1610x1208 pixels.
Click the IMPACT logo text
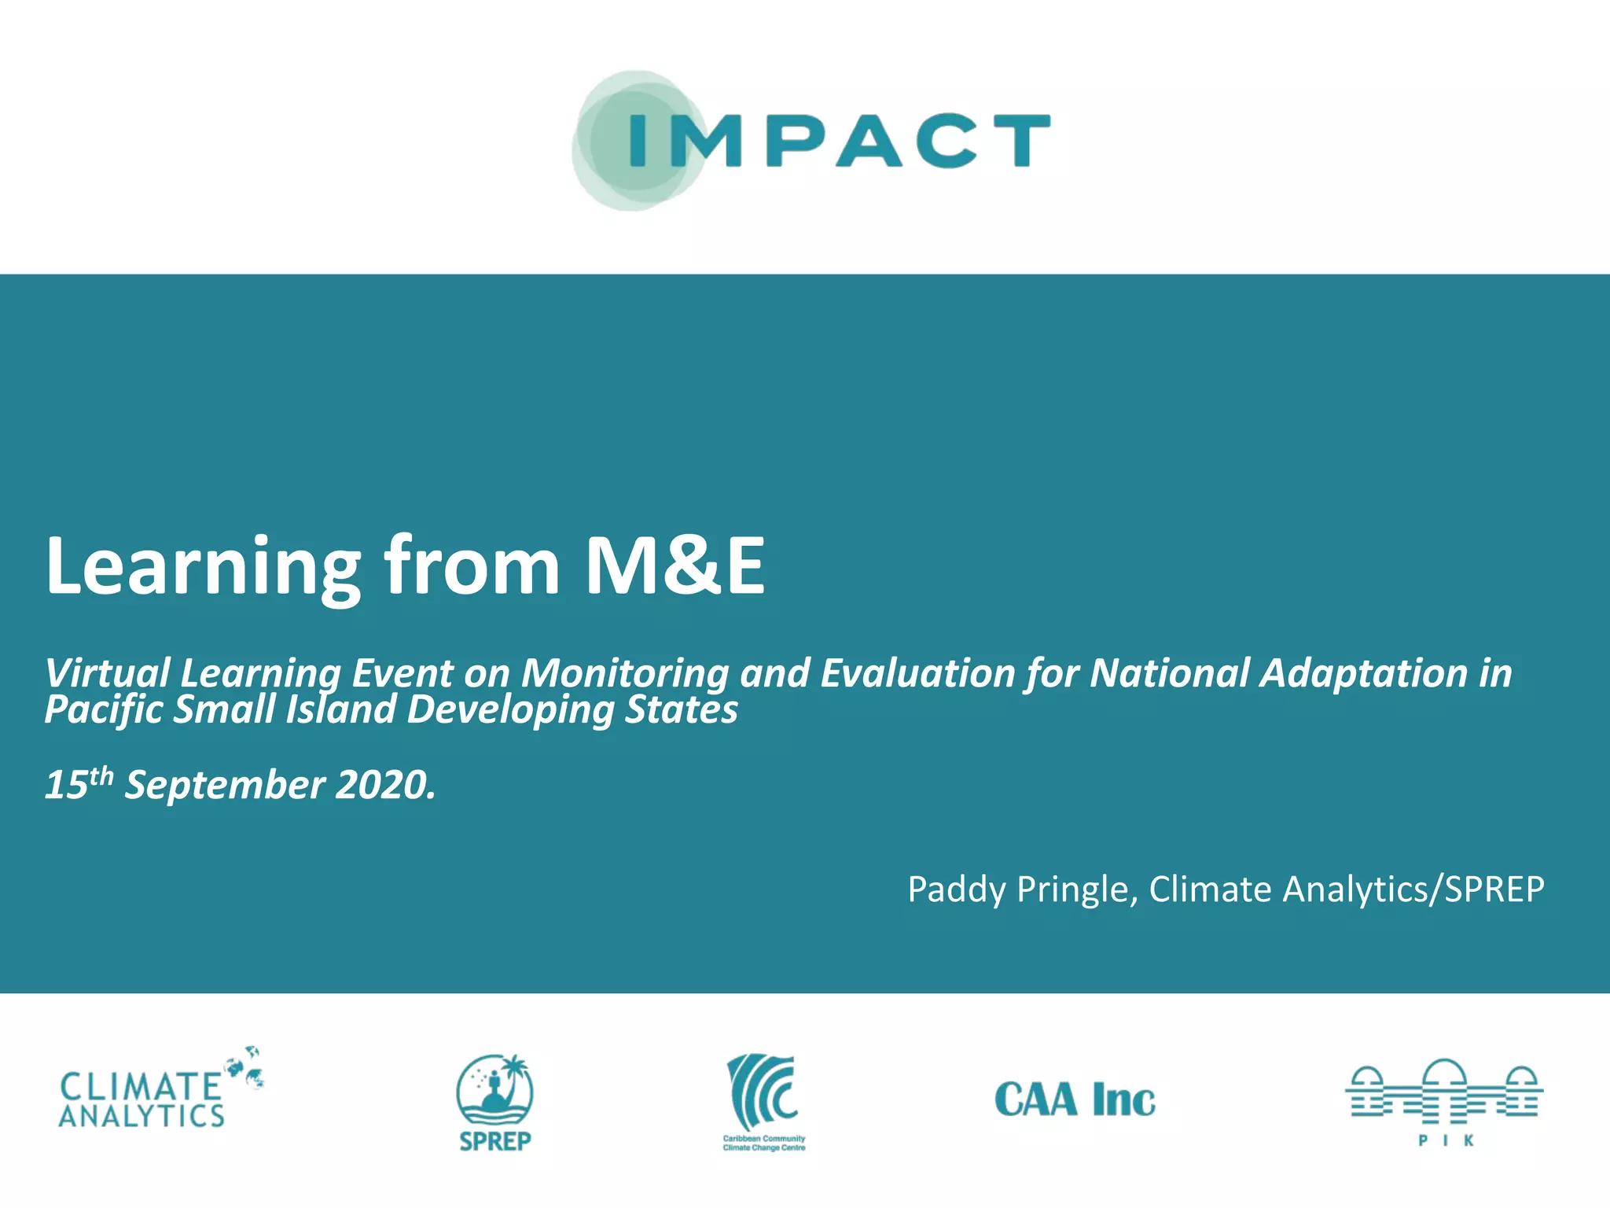pos(840,141)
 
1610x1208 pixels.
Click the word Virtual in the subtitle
pos(107,673)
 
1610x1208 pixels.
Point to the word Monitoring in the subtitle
pos(625,673)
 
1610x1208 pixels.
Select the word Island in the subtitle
pos(340,709)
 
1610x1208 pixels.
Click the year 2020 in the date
pos(384,785)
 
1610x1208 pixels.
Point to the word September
pos(225,785)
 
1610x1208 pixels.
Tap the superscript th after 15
pos(101,776)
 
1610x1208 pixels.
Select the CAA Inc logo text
pos(1075,1099)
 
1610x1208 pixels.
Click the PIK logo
pos(1444,1101)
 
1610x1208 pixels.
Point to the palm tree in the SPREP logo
pos(515,1073)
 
